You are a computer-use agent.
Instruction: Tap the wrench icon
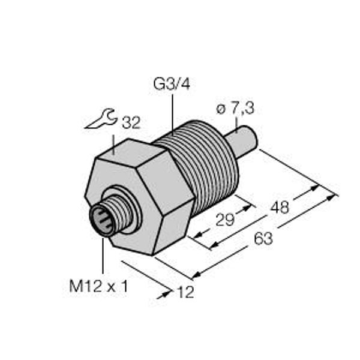[100, 119]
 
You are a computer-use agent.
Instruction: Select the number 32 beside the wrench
[130, 124]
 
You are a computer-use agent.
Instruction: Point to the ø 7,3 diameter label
[236, 109]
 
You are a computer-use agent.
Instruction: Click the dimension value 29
[225, 220]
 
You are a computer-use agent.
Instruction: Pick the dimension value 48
[279, 208]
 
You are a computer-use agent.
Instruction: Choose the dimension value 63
[262, 239]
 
